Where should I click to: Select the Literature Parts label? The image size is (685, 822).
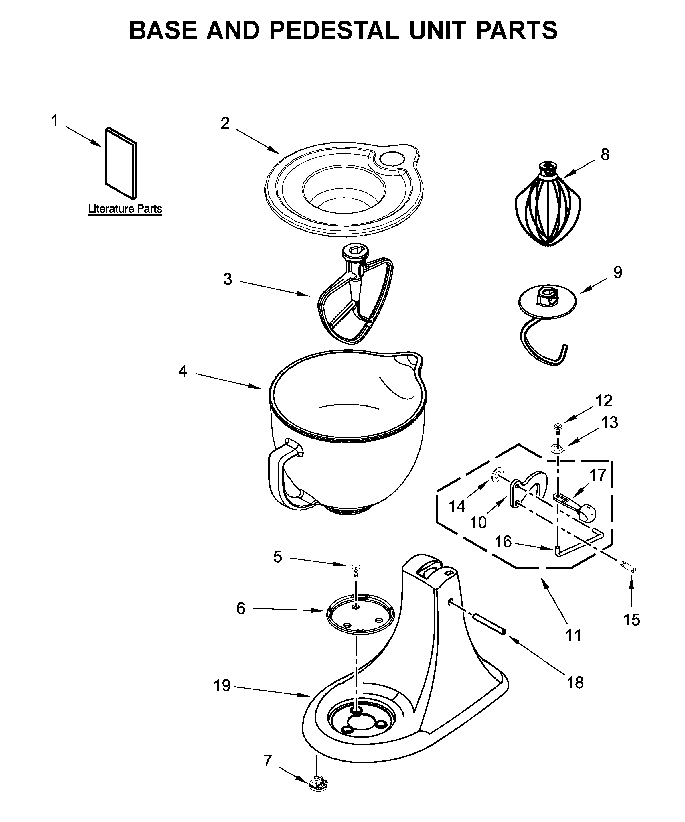click(x=125, y=209)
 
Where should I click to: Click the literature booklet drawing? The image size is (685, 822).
click(x=121, y=162)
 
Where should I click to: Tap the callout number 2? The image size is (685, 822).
click(x=225, y=123)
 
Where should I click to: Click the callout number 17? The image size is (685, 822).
click(x=598, y=475)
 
